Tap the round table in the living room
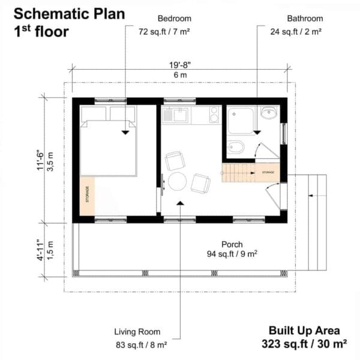point(178,181)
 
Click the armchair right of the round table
point(200,182)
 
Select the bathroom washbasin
point(269,112)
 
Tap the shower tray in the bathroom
point(242,121)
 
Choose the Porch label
point(232,244)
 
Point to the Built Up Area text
point(304,331)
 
